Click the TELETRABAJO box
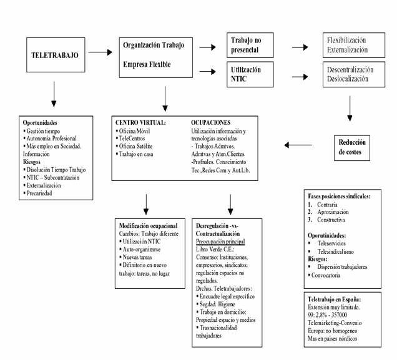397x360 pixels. (x=54, y=55)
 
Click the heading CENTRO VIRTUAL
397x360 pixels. (x=140, y=122)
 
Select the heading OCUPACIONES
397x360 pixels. (x=211, y=122)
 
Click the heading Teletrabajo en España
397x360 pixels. (x=335, y=299)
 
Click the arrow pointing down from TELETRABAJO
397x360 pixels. (x=54, y=95)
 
